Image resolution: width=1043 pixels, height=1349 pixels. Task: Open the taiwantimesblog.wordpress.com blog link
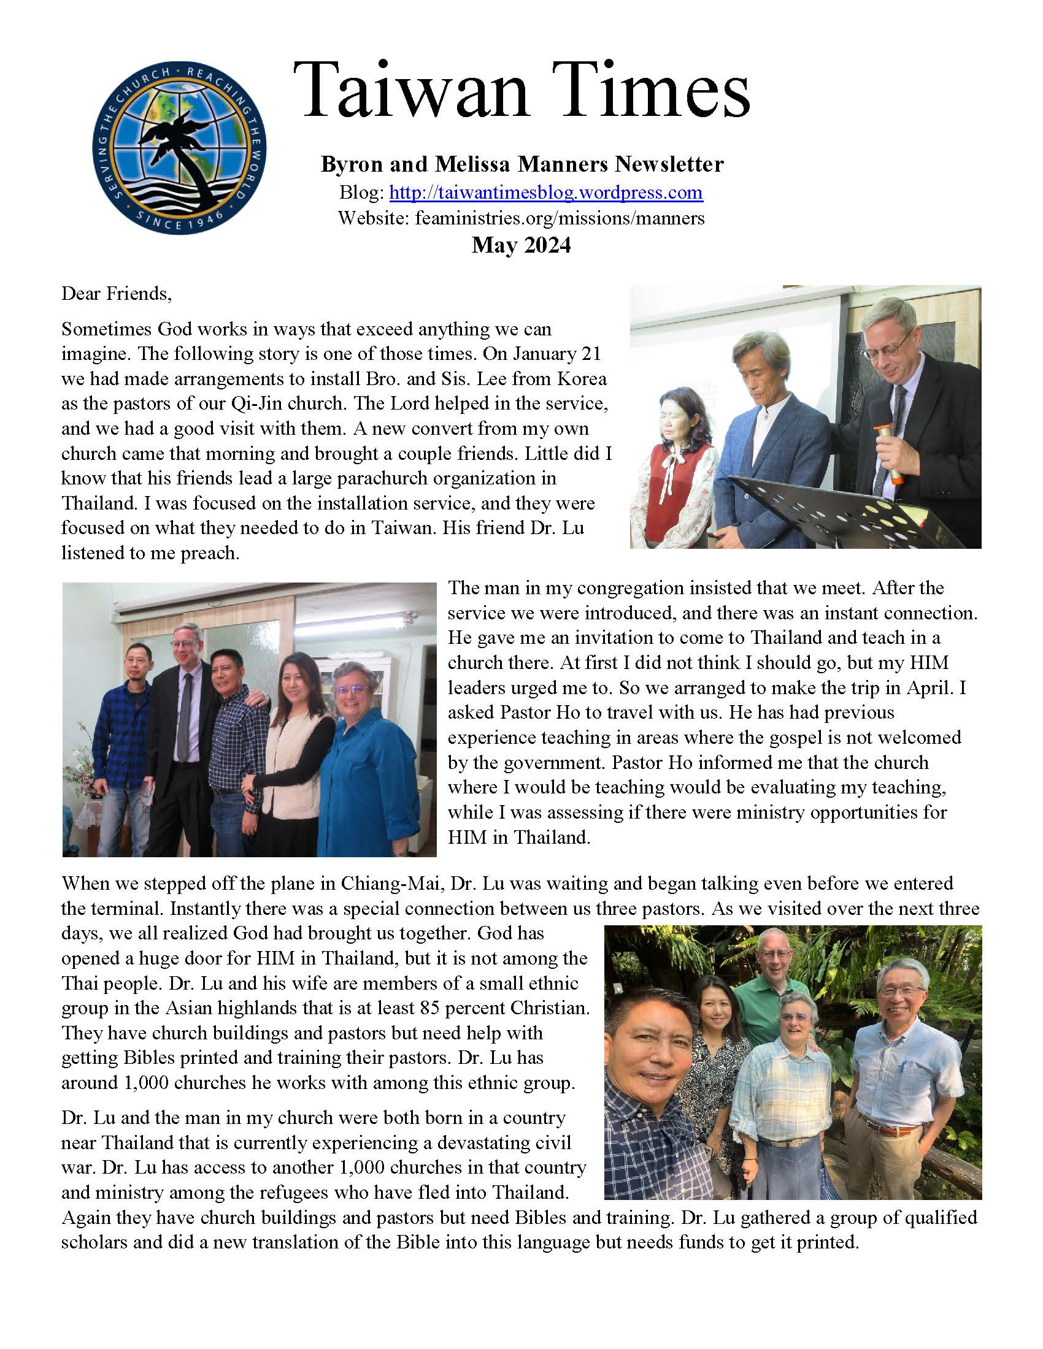coord(545,193)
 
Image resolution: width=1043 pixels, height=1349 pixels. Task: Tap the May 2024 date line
coord(521,245)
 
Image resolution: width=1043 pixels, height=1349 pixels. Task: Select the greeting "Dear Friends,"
coord(116,293)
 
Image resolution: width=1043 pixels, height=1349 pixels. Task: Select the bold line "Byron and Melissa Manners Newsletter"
coord(522,164)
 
